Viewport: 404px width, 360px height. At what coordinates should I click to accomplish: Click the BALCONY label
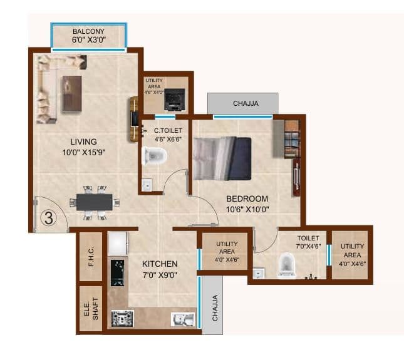88,31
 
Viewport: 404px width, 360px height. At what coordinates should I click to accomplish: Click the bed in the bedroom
222,158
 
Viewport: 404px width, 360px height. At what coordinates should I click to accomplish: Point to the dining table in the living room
95,202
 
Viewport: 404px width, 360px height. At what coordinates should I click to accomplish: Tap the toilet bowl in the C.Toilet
154,156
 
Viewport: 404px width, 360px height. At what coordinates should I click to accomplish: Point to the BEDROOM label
247,199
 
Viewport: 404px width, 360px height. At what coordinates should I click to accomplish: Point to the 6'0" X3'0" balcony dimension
88,39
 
